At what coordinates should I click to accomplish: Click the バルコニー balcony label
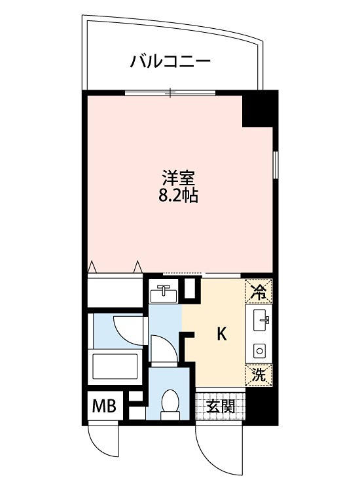[x=170, y=63]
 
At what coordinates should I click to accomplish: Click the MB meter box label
[x=103, y=406]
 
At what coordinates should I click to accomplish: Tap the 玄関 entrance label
[x=221, y=406]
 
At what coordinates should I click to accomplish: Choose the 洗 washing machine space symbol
[x=259, y=375]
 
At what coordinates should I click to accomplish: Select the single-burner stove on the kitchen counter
[x=260, y=351]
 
